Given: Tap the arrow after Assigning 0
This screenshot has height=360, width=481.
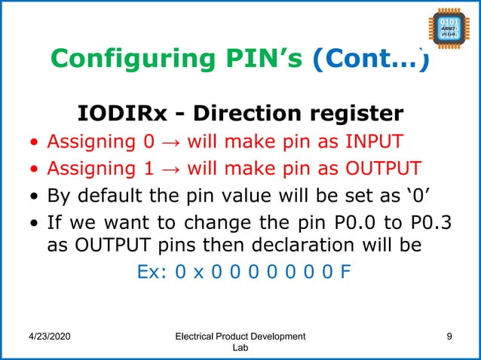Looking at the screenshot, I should click(x=171, y=141).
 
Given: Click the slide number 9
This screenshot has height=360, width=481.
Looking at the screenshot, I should click(x=449, y=336).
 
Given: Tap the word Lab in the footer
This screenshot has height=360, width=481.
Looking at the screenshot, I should click(x=239, y=349).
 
